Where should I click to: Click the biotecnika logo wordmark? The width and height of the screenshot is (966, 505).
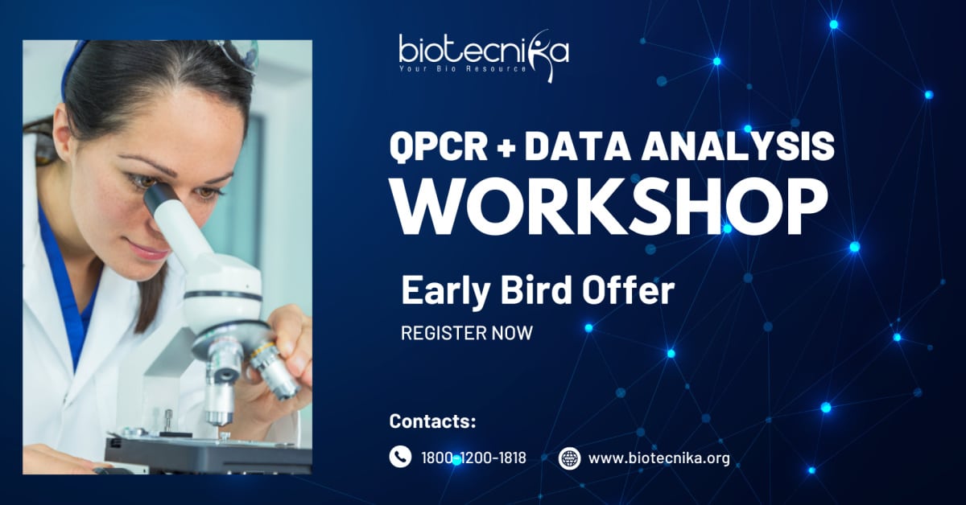(x=484, y=51)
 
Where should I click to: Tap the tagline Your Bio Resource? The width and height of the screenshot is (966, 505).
(x=463, y=69)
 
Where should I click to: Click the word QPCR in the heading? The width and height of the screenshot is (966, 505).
(x=439, y=146)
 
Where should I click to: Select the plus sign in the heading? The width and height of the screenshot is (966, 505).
(x=506, y=147)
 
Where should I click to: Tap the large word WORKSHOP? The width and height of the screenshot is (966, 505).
(x=609, y=207)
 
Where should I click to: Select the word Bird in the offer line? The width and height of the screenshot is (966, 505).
(x=536, y=291)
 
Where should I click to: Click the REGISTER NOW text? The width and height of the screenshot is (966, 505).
(x=467, y=333)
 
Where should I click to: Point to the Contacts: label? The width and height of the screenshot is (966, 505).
(x=432, y=421)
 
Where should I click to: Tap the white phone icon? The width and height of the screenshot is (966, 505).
(x=400, y=457)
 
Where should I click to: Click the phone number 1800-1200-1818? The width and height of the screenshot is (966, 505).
(x=473, y=458)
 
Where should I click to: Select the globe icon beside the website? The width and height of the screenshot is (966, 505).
(x=569, y=458)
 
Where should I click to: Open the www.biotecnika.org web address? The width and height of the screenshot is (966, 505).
(x=659, y=458)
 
